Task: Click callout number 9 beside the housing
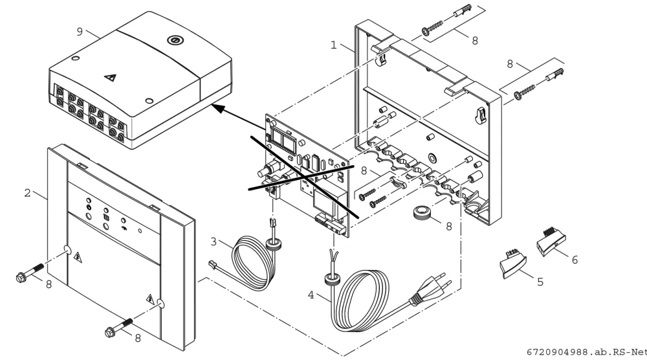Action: pos(80,31)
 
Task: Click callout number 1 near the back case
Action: pos(334,45)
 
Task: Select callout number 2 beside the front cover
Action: pos(28,193)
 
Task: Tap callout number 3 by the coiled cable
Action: pos(214,241)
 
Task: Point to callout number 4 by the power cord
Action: pos(311,295)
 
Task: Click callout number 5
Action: pos(540,282)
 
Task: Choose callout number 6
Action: pos(575,260)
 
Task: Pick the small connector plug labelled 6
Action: pos(551,242)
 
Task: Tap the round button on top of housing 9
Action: pos(173,40)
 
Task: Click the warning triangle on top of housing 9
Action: pos(110,77)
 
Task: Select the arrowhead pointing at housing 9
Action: pos(218,108)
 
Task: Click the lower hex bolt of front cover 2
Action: pos(119,326)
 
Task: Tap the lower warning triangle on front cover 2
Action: pos(150,298)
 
